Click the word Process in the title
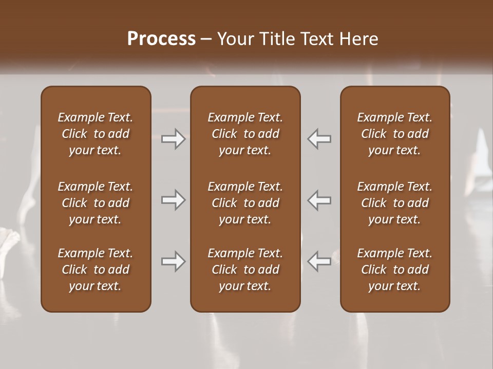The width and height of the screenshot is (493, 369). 161,39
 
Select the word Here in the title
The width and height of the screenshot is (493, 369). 358,39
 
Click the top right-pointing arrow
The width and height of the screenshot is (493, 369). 174,139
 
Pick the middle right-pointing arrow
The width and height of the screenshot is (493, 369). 174,200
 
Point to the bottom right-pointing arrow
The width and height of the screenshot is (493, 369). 174,261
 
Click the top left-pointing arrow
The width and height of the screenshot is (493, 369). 319,139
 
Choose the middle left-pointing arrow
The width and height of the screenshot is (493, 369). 319,200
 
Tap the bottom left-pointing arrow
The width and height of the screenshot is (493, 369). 319,261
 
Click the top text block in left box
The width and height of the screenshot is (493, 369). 96,134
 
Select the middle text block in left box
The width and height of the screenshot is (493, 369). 96,203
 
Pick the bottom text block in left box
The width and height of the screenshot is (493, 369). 96,270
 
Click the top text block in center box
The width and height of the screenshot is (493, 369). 245,134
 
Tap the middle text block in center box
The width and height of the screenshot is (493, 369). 245,203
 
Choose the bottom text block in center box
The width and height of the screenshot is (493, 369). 245,270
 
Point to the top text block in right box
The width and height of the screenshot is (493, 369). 394,134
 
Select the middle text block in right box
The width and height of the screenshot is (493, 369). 394,203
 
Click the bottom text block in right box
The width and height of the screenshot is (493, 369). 394,270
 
